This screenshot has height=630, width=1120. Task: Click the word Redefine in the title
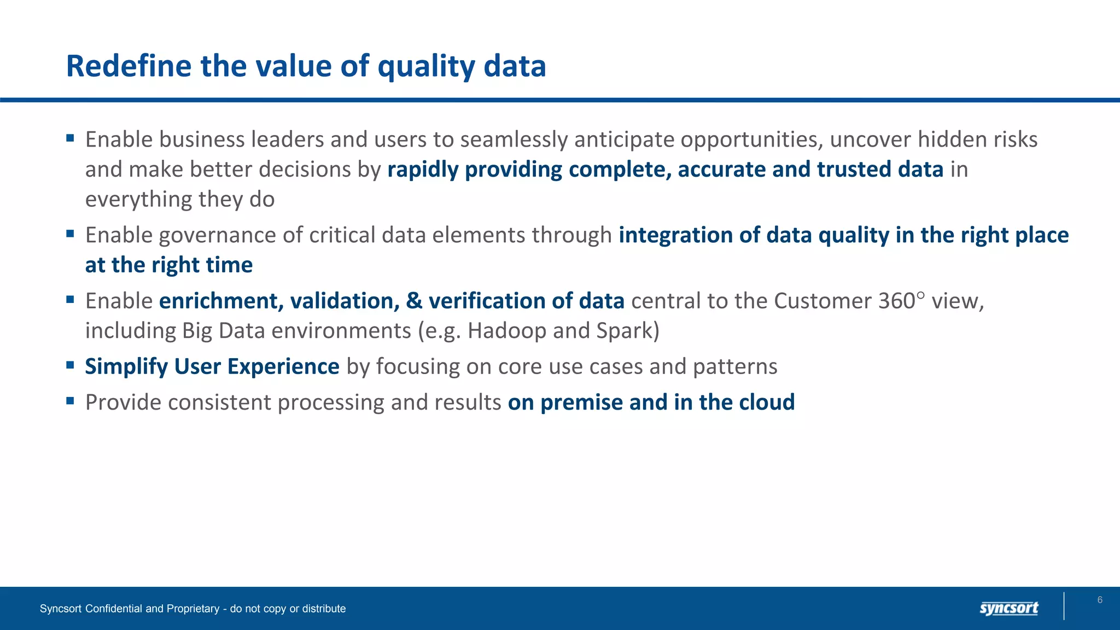click(129, 66)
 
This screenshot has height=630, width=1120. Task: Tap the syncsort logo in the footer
click(1008, 608)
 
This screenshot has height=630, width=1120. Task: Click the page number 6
click(1100, 600)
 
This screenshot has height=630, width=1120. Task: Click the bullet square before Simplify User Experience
click(70, 365)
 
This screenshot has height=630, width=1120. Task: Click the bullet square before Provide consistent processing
click(70, 401)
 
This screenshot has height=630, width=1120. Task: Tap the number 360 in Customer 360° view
click(896, 301)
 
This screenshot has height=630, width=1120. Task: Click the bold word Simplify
click(126, 366)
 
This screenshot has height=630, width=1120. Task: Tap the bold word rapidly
click(422, 170)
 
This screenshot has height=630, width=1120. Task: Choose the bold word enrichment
click(221, 301)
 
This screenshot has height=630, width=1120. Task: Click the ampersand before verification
click(414, 301)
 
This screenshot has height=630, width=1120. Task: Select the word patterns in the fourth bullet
click(734, 366)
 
